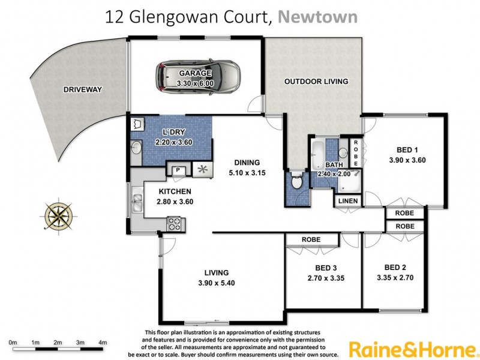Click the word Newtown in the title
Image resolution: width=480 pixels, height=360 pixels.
click(x=319, y=16)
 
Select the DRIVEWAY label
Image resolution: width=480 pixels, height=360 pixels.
click(x=83, y=91)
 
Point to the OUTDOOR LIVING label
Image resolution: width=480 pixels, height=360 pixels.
click(x=316, y=81)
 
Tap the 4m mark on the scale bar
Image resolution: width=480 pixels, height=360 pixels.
click(x=103, y=343)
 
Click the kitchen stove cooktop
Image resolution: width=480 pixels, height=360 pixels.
click(x=174, y=224)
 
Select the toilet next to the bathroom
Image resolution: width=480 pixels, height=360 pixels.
click(x=295, y=181)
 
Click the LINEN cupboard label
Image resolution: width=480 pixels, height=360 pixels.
click(x=349, y=201)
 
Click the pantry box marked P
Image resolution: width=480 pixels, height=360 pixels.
click(x=178, y=171)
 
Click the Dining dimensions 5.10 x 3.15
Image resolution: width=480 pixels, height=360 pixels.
click(x=247, y=173)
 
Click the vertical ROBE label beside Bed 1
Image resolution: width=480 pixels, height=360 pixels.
click(x=355, y=152)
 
